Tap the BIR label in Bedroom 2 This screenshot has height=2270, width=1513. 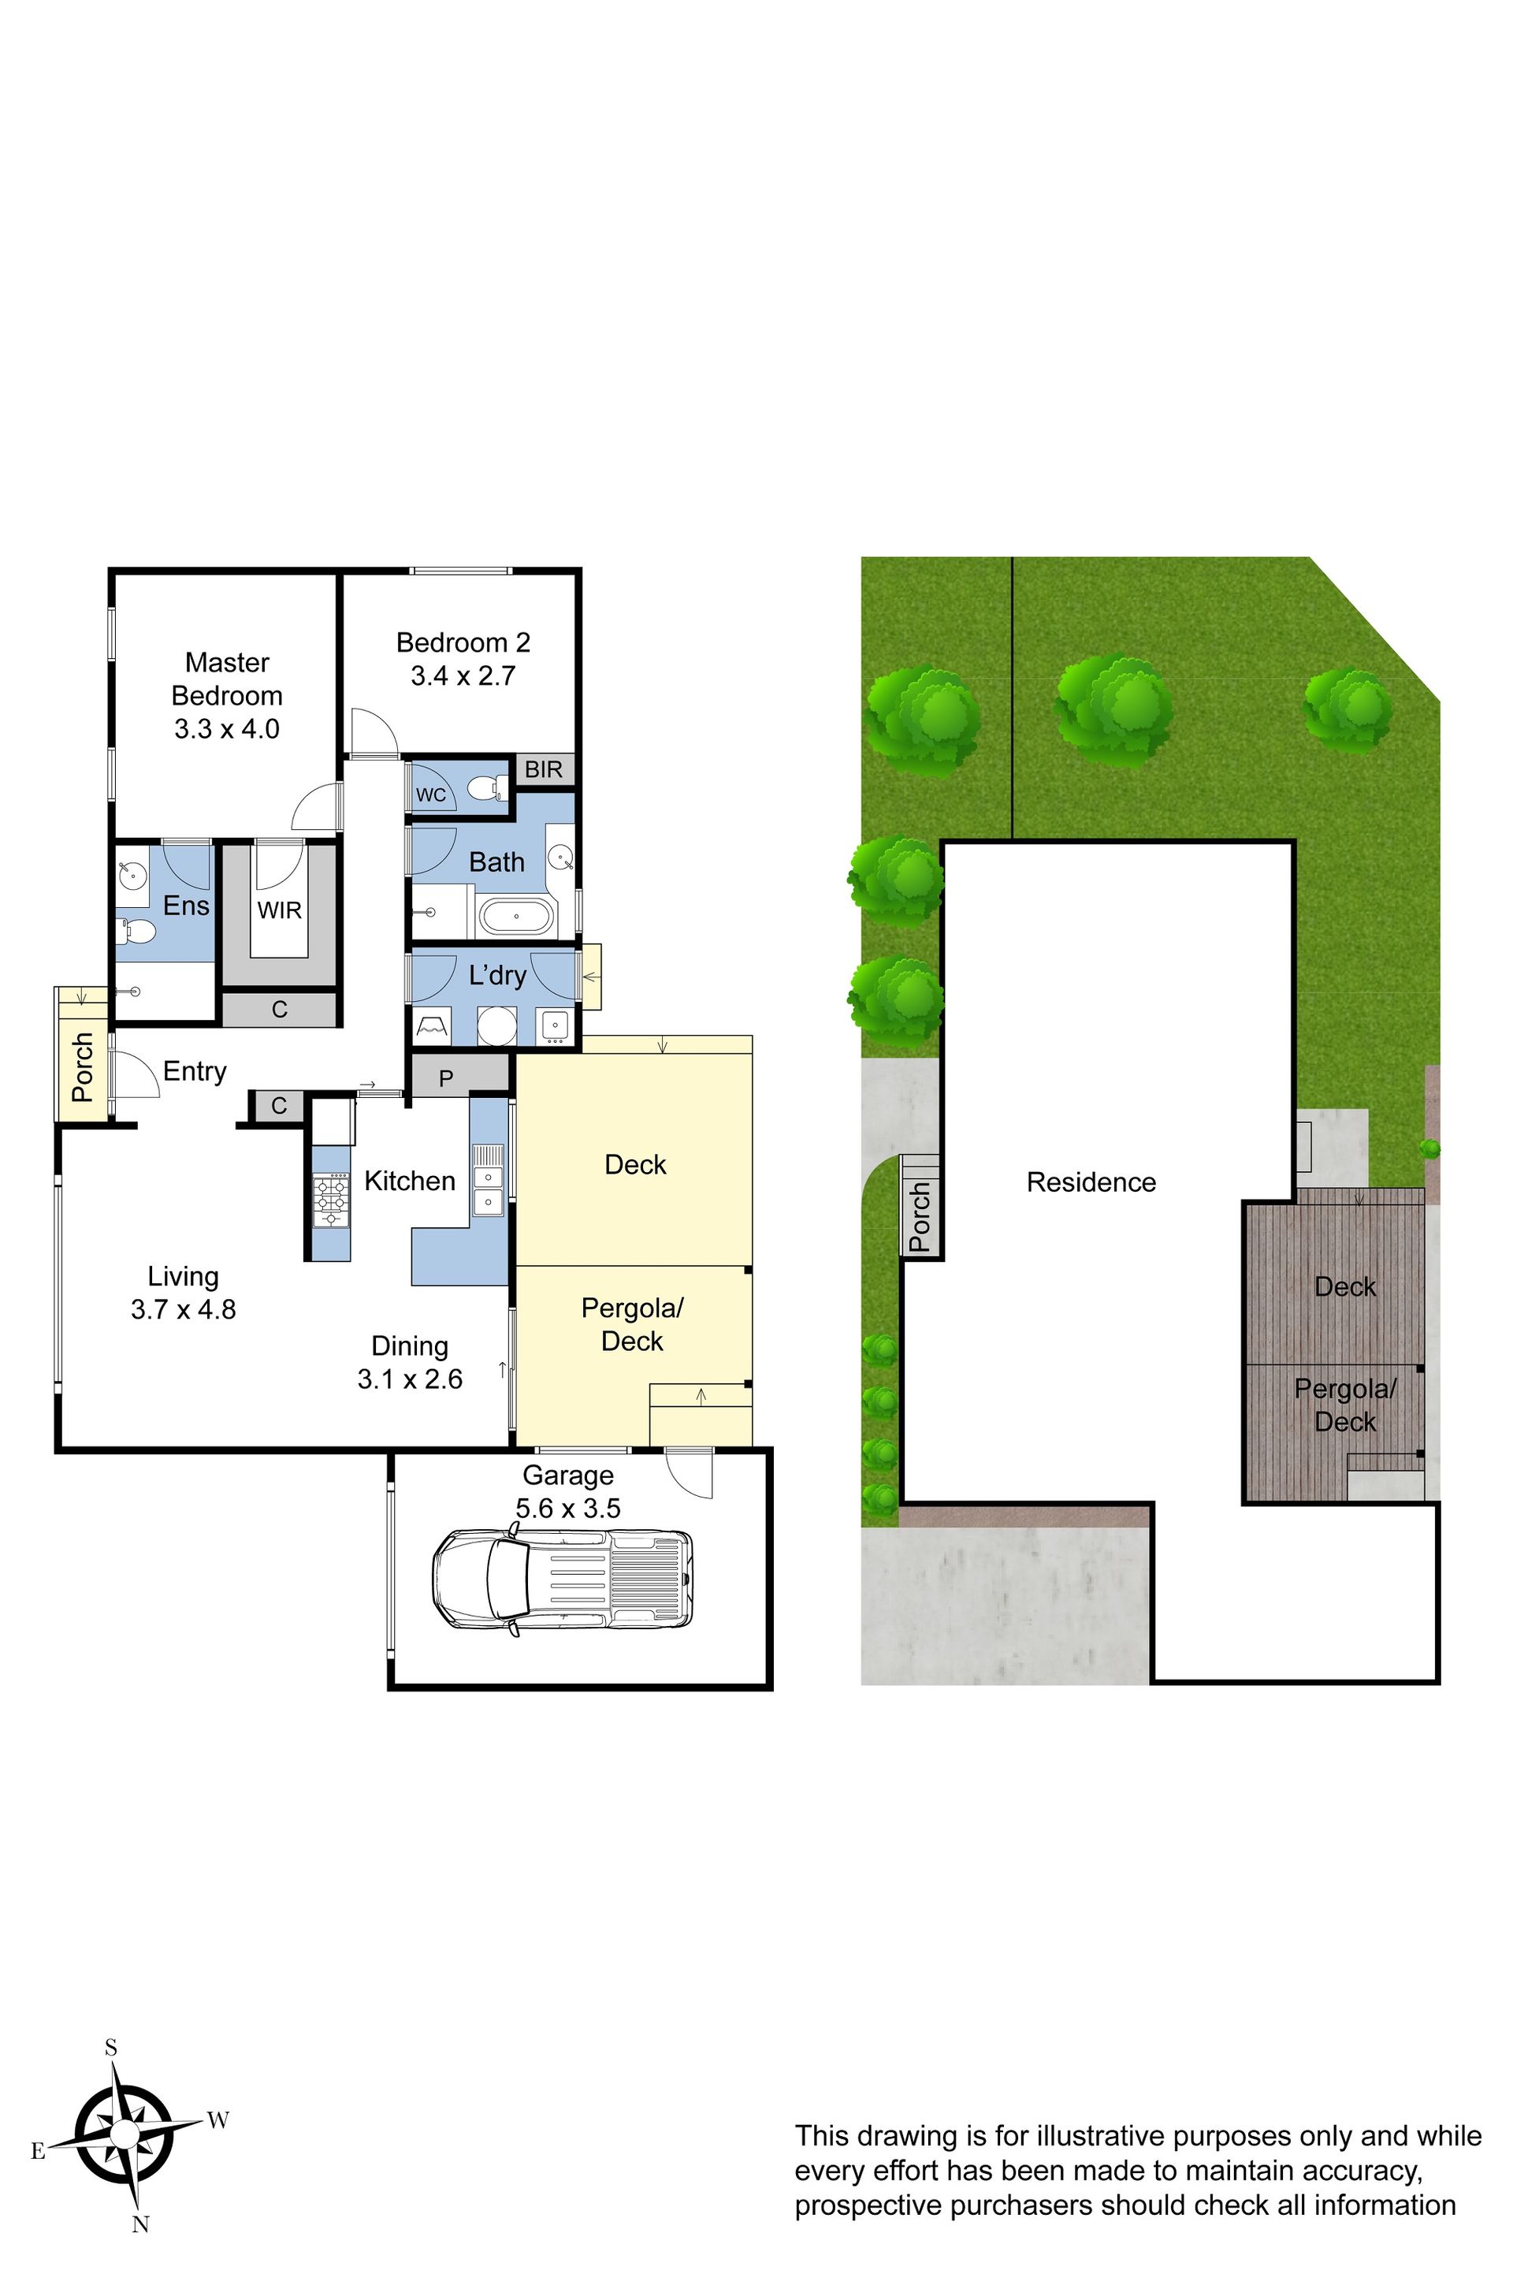pyautogui.click(x=543, y=769)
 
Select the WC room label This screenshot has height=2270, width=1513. pyautogui.click(x=431, y=794)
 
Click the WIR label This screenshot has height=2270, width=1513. pyautogui.click(x=280, y=910)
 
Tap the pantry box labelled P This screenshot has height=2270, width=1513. pyautogui.click(x=446, y=1078)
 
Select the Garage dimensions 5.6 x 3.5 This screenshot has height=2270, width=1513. pyautogui.click(x=568, y=1508)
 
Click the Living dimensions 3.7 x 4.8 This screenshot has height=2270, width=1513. pyautogui.click(x=184, y=1310)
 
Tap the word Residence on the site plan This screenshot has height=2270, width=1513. pyautogui.click(x=1091, y=1182)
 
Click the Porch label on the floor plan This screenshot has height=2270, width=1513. pyautogui.click(x=83, y=1067)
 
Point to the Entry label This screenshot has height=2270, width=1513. pyautogui.click(x=195, y=1071)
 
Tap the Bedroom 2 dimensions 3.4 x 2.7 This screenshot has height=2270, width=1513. pyautogui.click(x=463, y=675)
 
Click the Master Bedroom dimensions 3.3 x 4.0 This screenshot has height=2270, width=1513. pyautogui.click(x=227, y=728)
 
